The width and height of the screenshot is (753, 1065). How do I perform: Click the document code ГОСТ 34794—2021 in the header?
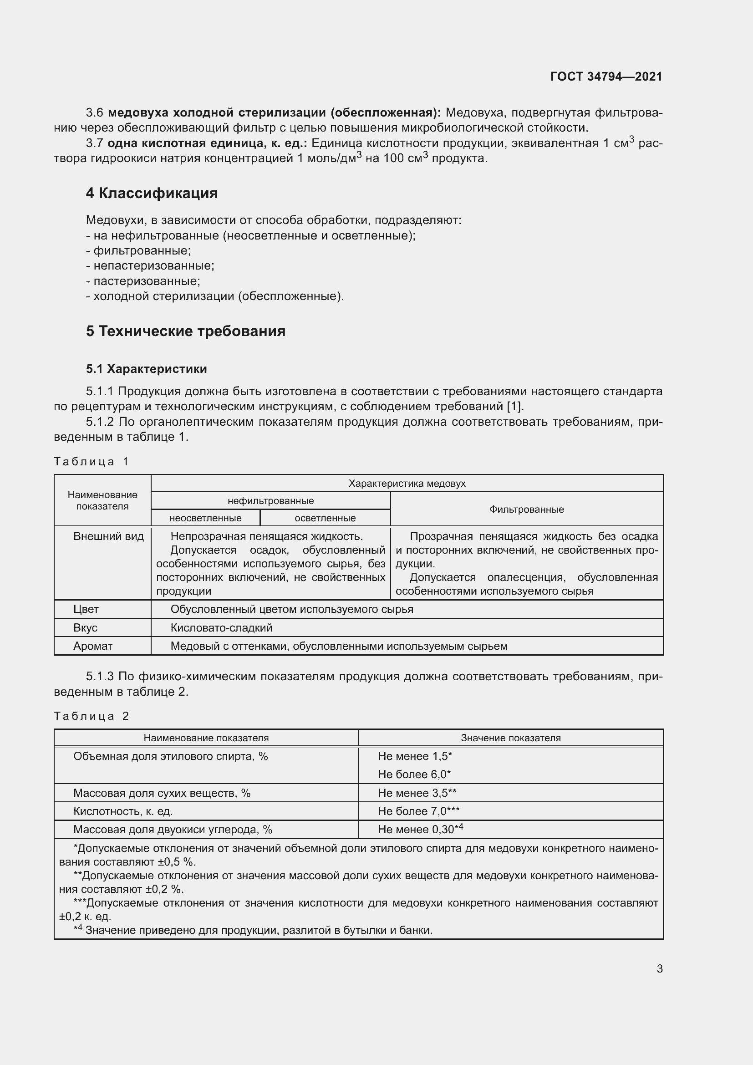point(606,76)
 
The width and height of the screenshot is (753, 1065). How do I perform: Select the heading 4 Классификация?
point(152,193)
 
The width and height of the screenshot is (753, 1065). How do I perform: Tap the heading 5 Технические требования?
point(185,331)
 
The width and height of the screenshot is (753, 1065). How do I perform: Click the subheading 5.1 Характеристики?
point(146,369)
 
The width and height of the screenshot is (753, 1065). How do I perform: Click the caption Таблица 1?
point(92,462)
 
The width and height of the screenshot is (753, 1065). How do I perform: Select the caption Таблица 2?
point(92,716)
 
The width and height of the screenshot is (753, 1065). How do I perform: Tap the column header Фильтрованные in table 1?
point(526,510)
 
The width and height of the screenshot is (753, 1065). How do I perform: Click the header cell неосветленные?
point(205,518)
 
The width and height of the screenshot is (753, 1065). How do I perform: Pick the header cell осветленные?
point(325,518)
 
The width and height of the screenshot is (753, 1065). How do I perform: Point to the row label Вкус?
point(85,627)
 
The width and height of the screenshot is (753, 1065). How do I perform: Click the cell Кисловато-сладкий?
point(221,627)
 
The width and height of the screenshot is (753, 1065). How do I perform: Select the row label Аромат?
point(93,646)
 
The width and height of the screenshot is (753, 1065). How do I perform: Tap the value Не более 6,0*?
point(414,774)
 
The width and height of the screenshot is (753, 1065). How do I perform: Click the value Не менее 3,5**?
point(417,793)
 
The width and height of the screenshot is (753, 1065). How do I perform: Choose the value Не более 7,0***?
point(418,811)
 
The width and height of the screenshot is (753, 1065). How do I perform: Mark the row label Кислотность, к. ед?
point(123,811)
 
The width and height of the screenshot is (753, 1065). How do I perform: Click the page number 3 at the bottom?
point(659,968)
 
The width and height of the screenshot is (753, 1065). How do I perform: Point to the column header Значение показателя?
point(510,738)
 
